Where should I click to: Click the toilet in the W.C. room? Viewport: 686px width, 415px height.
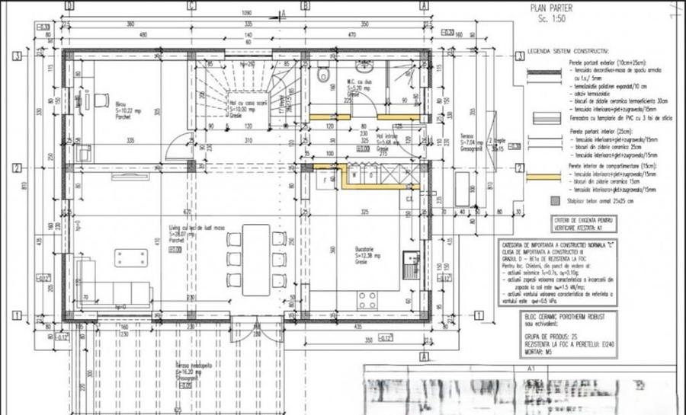(325, 74)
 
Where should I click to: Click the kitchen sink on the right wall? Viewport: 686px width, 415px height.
(412, 262)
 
